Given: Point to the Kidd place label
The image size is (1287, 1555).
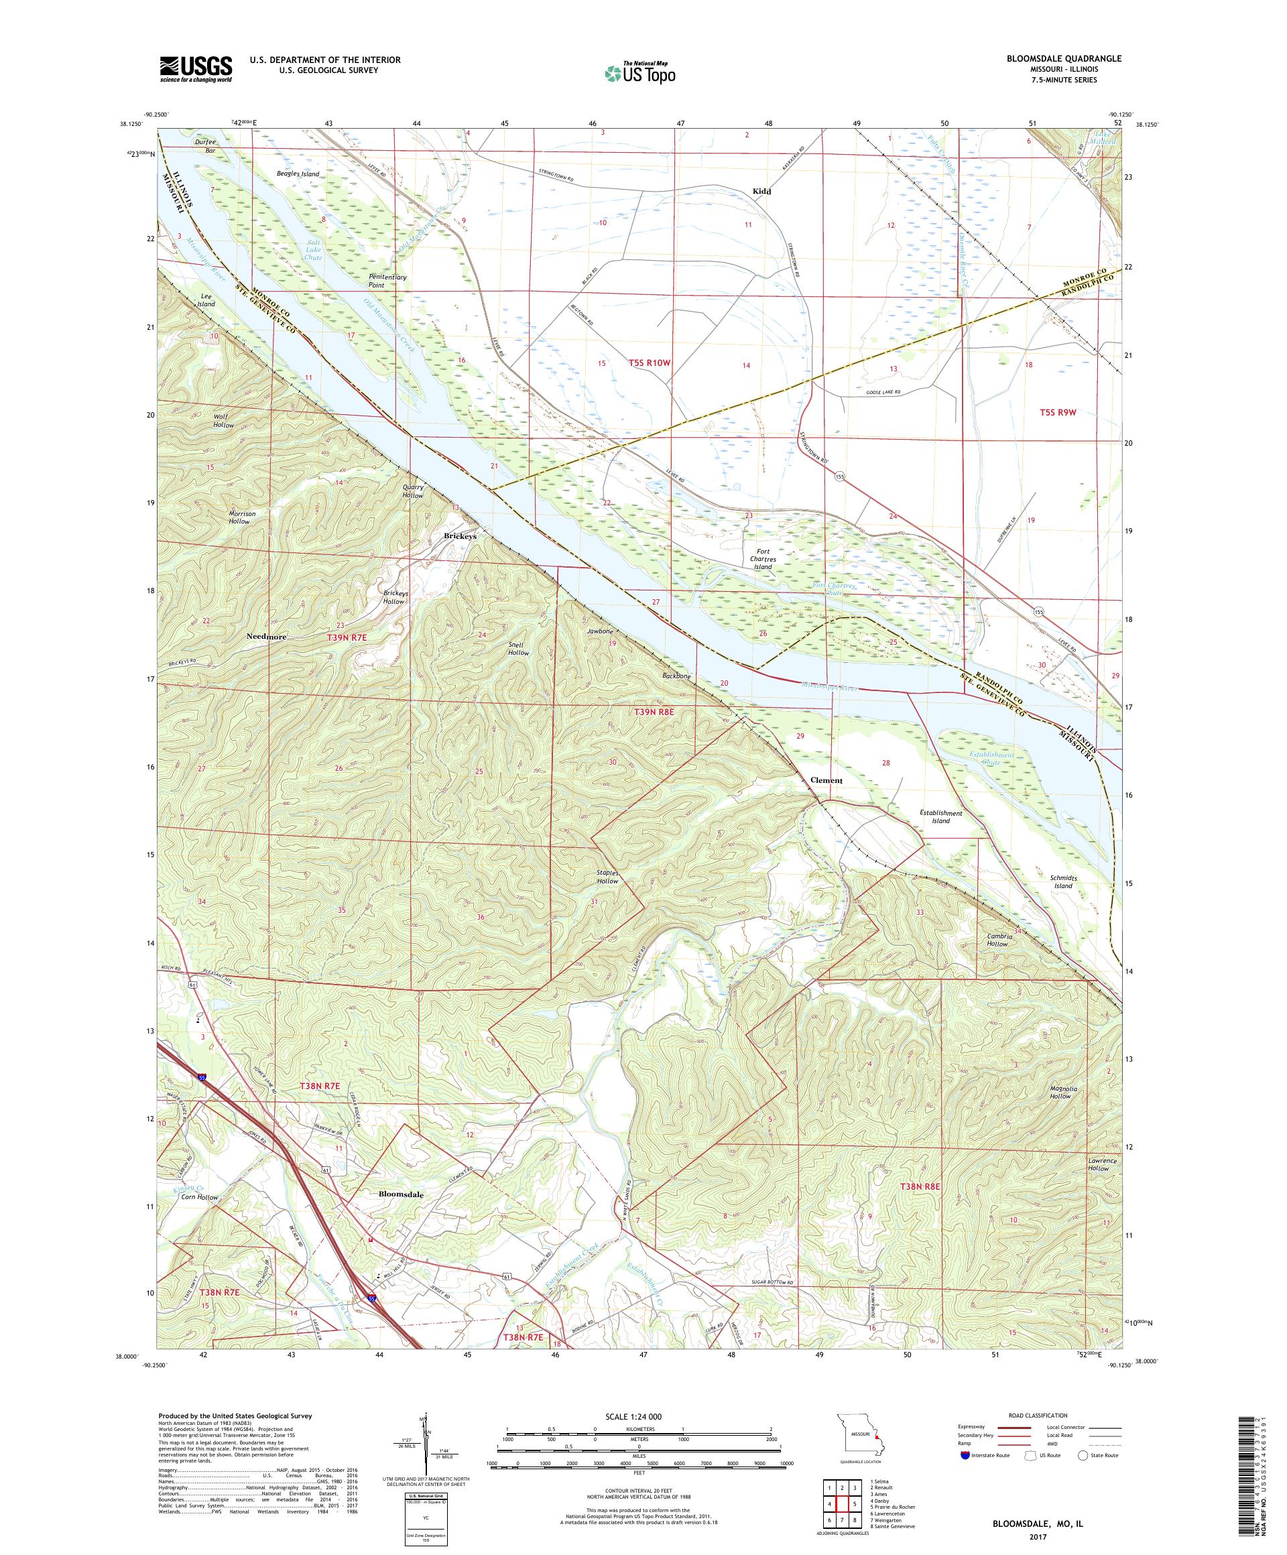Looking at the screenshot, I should pos(761,191).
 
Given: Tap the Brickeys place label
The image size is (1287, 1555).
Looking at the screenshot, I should pos(460,536).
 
